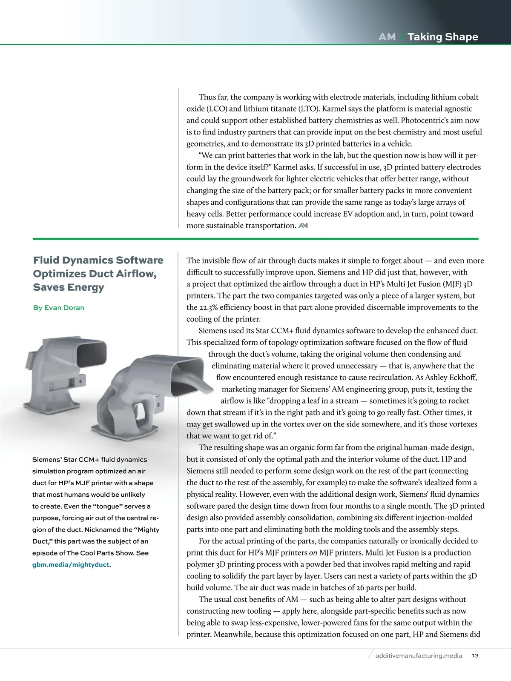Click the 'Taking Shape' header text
coord(443,37)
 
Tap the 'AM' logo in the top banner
coord(387,37)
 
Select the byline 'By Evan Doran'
coord(58,308)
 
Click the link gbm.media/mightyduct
coord(71,565)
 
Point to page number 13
coord(475,655)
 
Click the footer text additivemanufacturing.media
coord(419,655)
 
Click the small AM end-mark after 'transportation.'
coord(303,226)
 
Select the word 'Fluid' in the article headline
coord(46,260)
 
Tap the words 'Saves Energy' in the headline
coord(69,287)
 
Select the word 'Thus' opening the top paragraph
coord(207,97)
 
